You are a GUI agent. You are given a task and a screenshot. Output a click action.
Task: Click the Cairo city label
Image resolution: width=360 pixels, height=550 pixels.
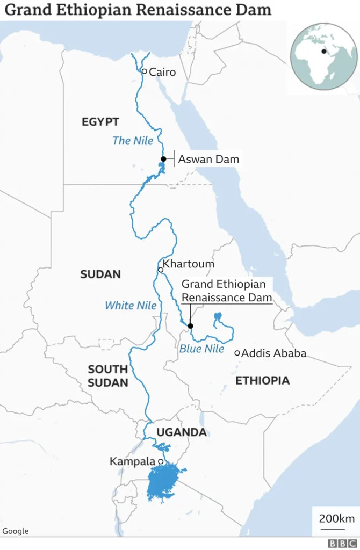coord(162,72)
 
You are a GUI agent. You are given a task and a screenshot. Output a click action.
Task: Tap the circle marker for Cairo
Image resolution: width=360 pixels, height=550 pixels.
coord(144,71)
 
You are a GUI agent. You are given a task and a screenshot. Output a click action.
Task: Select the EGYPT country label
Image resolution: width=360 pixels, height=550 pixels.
coord(100,122)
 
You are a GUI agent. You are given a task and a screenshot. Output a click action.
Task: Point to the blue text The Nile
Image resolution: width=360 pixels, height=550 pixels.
coord(133,141)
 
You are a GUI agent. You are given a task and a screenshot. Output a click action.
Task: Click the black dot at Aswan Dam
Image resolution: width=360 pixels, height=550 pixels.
coord(163,159)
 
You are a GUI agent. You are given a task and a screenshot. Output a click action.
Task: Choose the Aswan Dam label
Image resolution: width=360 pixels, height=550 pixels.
coord(208,159)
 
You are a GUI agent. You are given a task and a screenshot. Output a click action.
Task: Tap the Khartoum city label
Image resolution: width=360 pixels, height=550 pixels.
coord(188,264)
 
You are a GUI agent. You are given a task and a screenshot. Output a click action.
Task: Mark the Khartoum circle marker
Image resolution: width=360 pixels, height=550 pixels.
coord(160,270)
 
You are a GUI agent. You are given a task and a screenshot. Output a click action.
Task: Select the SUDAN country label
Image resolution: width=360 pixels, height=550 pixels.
coord(100,274)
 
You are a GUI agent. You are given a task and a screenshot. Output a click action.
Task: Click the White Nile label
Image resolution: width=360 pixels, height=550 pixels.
coord(131,306)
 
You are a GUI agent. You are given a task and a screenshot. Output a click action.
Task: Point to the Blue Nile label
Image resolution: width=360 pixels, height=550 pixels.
coord(201,349)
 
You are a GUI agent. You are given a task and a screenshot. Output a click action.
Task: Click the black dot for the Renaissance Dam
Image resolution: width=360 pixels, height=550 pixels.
coord(190,325)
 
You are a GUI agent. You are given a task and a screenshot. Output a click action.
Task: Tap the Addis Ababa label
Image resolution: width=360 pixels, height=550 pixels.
coord(274,353)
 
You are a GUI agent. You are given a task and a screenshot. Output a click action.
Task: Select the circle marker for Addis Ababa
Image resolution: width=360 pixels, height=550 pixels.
coord(237,353)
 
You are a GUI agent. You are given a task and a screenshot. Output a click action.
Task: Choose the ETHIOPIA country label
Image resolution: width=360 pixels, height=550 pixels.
coord(263,380)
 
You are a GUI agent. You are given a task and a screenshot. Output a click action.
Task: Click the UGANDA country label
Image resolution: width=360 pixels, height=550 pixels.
coord(181,432)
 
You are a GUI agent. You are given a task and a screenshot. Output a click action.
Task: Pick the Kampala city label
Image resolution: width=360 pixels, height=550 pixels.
coord(133,461)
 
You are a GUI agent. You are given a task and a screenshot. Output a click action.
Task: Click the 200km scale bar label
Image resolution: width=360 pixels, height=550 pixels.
coord(336,518)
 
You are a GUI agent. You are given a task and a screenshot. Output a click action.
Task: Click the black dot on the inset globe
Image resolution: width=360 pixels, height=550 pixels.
coord(324,52)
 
